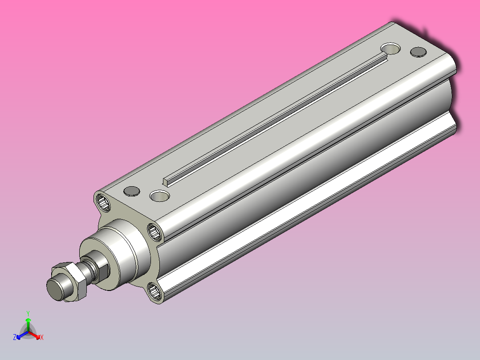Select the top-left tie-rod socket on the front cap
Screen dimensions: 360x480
pos(103,202)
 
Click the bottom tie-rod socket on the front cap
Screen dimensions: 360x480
pos(156,292)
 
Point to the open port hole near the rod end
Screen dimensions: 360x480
pos(160,195)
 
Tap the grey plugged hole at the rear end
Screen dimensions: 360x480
pos(418,52)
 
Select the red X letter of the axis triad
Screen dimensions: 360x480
pos(42,338)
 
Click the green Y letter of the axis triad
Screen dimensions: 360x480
pos(28,313)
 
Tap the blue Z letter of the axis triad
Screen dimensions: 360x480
pos(15,338)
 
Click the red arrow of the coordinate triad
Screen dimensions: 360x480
pos(36,335)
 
